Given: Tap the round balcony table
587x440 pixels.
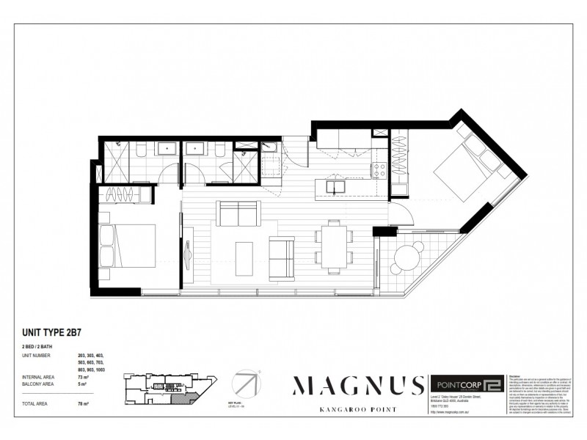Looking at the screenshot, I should click(407, 257).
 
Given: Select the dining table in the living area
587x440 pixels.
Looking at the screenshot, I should click(334, 246).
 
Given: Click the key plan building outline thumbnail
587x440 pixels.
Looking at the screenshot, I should click(169, 386).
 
